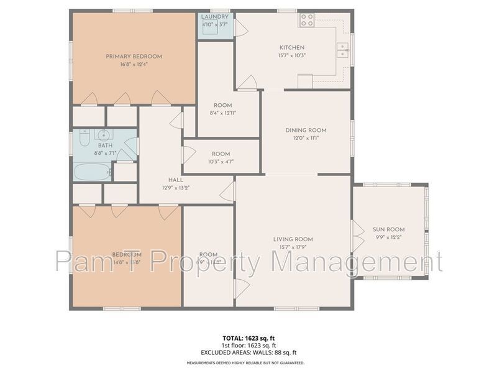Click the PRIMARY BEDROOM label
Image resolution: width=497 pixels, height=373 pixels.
tap(134, 57)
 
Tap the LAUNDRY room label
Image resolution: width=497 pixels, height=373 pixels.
tap(215, 17)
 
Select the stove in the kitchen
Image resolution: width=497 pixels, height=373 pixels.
tap(307, 20)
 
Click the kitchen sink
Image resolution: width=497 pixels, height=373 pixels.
tap(342, 49)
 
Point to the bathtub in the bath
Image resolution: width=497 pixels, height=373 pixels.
tap(92, 171)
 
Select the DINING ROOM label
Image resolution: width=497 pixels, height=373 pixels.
tap(306, 131)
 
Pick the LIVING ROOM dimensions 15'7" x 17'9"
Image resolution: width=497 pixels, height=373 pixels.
tap(293, 247)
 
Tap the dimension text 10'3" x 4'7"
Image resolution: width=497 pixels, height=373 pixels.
tap(221, 162)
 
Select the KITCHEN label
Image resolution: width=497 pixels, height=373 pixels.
tap(291, 47)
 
